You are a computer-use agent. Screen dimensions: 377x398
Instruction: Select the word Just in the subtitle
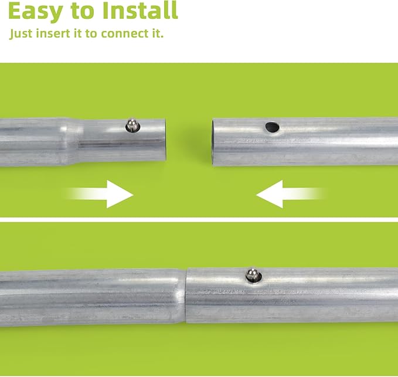(22, 33)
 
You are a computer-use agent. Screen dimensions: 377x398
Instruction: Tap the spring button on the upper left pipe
(133, 124)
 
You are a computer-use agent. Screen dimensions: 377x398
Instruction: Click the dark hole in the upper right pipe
(271, 126)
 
